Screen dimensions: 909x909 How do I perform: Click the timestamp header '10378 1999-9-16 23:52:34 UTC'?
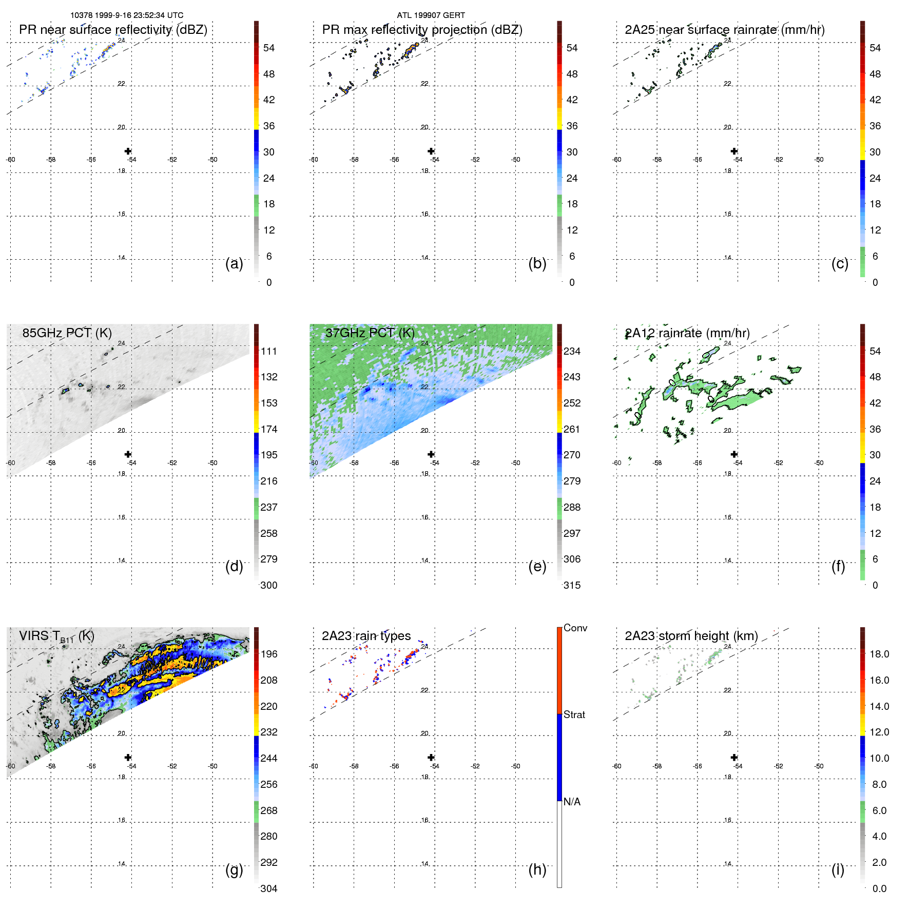pyautogui.click(x=127, y=15)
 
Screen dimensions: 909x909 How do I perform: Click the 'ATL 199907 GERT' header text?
pyautogui.click(x=431, y=15)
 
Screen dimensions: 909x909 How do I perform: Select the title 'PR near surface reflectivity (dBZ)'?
pyautogui.click(x=113, y=30)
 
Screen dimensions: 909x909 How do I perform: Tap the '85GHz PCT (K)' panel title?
pyautogui.click(x=67, y=333)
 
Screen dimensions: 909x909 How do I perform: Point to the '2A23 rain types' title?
pyautogui.click(x=366, y=636)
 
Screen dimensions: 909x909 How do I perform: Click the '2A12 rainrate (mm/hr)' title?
pyautogui.click(x=687, y=333)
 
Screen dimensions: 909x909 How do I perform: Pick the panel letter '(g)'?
pyautogui.click(x=234, y=869)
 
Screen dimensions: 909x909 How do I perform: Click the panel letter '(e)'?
pyautogui.click(x=537, y=566)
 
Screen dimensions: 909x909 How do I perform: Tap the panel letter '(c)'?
pyautogui.click(x=840, y=263)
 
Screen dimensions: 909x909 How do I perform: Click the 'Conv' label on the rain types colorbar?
pyautogui.click(x=575, y=628)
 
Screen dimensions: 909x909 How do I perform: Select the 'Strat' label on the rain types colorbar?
pyautogui.click(x=574, y=714)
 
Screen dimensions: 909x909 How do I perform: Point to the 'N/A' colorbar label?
pyautogui.click(x=572, y=802)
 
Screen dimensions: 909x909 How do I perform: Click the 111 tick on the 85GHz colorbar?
pyautogui.click(x=269, y=352)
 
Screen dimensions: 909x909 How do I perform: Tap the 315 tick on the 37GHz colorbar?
pyautogui.click(x=572, y=585)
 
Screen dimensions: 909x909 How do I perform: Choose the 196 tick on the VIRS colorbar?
pyautogui.click(x=269, y=654)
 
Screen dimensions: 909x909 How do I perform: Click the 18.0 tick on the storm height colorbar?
pyautogui.click(x=879, y=654)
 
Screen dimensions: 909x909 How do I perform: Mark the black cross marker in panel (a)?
pyautogui.click(x=128, y=151)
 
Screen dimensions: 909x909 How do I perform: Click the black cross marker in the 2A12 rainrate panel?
pyautogui.click(x=734, y=454)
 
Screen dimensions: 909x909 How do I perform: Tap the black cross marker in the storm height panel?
pyautogui.click(x=734, y=757)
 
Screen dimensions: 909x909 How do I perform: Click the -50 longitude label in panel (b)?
pyautogui.click(x=515, y=160)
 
